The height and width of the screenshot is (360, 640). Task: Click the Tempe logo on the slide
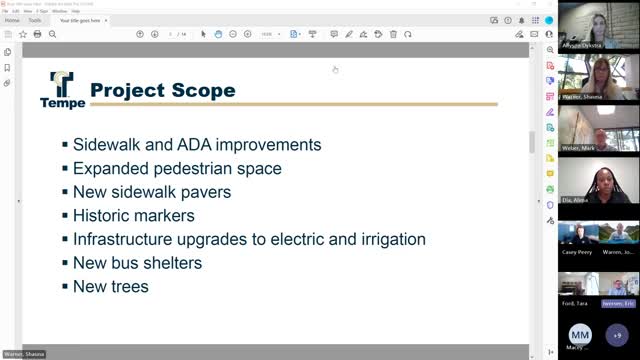(62, 89)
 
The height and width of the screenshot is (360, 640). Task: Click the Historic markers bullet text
(134, 215)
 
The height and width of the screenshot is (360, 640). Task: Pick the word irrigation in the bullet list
(392, 239)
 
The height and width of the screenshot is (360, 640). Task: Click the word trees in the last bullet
(130, 287)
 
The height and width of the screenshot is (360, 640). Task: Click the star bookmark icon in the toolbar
(22, 34)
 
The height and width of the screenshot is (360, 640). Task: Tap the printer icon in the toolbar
(37, 34)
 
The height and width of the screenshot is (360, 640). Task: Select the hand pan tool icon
(218, 34)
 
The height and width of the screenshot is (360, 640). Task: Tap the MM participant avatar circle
(581, 333)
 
